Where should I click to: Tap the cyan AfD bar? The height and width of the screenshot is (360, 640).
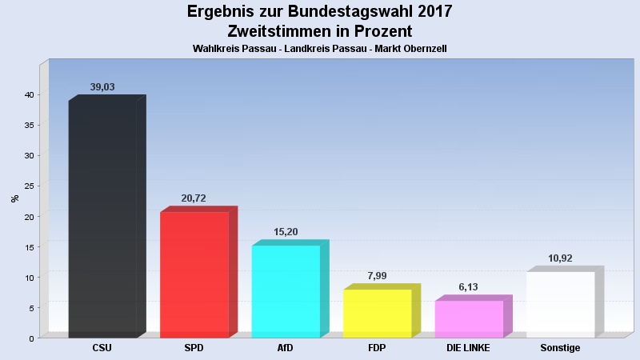(x=286, y=291)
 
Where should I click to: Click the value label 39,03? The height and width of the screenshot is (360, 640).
(x=103, y=87)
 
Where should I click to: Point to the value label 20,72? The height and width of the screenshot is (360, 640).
(x=194, y=198)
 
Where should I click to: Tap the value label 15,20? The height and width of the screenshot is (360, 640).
(x=286, y=232)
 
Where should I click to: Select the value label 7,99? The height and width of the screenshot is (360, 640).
(x=378, y=276)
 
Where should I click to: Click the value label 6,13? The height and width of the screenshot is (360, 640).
(x=469, y=287)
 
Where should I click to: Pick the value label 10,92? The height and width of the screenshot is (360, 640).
(x=561, y=258)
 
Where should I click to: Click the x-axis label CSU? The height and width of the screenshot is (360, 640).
(x=102, y=348)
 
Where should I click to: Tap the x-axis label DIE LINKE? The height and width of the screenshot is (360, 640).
(x=469, y=348)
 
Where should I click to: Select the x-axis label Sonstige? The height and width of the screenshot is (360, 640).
(x=560, y=348)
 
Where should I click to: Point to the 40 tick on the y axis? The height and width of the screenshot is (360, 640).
(x=28, y=95)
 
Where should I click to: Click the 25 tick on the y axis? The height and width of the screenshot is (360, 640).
(x=28, y=186)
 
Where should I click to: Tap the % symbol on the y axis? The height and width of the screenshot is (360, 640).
(x=14, y=198)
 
